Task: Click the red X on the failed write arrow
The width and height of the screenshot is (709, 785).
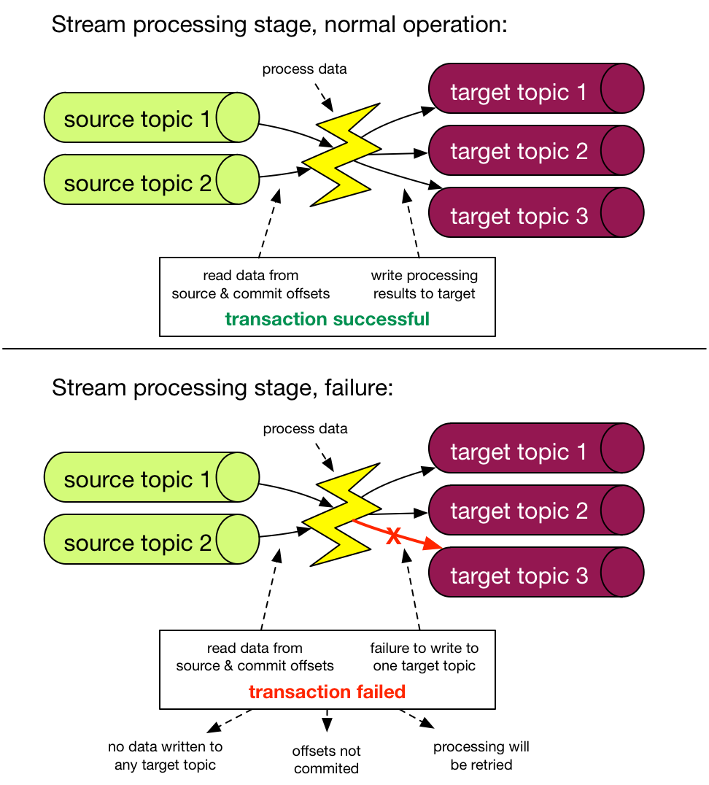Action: (x=393, y=536)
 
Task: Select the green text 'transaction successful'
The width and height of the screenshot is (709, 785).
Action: (x=327, y=319)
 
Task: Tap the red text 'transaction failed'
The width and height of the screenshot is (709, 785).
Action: (x=327, y=692)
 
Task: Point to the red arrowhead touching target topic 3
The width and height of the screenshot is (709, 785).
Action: (x=435, y=546)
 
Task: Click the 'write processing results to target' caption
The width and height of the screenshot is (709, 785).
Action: (x=424, y=285)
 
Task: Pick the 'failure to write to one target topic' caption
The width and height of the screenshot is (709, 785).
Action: (x=424, y=657)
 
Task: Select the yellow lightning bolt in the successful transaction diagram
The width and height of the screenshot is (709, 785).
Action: (x=339, y=155)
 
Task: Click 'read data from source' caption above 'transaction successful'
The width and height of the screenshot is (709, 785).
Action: (x=251, y=285)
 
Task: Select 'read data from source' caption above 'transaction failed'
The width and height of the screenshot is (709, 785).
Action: (x=255, y=657)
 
